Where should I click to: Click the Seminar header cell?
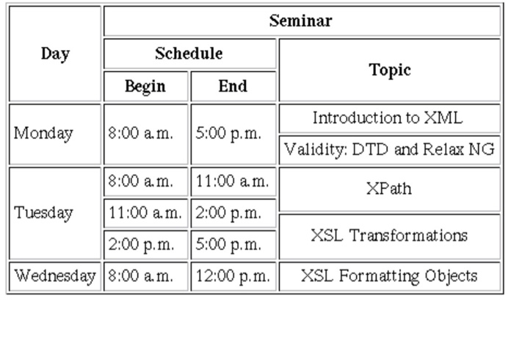click(x=300, y=21)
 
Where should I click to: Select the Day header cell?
click(x=55, y=54)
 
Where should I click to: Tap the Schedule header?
click(x=189, y=54)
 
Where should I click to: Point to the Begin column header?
click(x=145, y=86)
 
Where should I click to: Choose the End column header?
click(x=233, y=86)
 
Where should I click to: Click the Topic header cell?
click(x=389, y=70)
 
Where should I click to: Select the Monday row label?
click(x=44, y=134)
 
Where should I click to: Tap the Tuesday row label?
click(x=44, y=213)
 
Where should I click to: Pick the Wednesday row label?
click(x=55, y=276)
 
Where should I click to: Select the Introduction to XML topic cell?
click(x=388, y=118)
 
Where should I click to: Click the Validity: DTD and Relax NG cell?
click(x=389, y=150)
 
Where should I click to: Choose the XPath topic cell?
click(x=388, y=189)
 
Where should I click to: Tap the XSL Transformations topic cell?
click(x=389, y=236)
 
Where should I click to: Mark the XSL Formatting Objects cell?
click(x=389, y=276)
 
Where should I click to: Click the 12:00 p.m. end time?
click(x=233, y=276)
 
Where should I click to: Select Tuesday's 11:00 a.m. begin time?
click(x=145, y=213)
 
